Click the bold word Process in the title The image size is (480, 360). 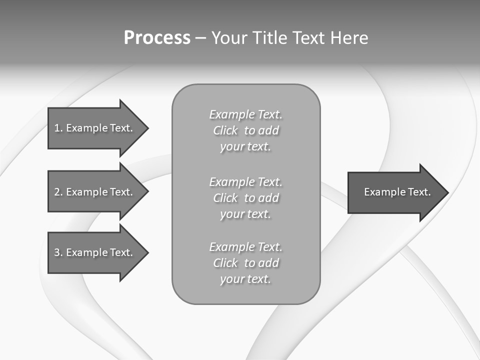(157, 38)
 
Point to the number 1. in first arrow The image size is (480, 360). (58, 128)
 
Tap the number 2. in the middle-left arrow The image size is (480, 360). (58, 192)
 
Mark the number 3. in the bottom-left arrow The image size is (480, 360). (58, 252)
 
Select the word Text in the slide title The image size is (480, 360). (310, 38)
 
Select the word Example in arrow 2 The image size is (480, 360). (87, 192)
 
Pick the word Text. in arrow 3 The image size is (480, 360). (121, 252)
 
